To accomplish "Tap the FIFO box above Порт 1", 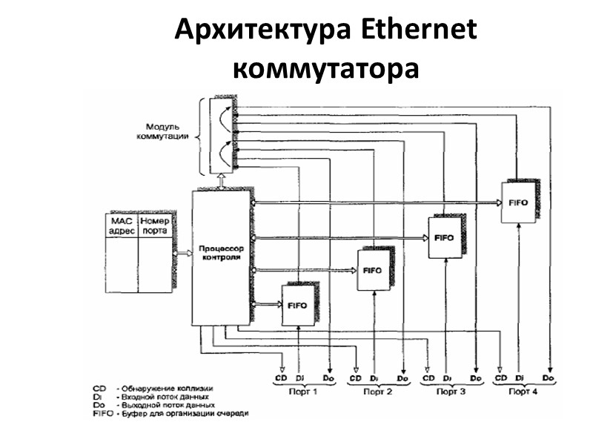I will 299,304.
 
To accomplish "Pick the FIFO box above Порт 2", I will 373,271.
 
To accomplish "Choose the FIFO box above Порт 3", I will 445,237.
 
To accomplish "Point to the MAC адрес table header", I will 122,225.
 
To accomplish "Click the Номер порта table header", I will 155,225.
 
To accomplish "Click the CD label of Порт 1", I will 280,379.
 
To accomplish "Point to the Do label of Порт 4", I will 549,379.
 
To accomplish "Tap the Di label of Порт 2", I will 374,379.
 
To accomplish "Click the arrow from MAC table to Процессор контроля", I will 182,253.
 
